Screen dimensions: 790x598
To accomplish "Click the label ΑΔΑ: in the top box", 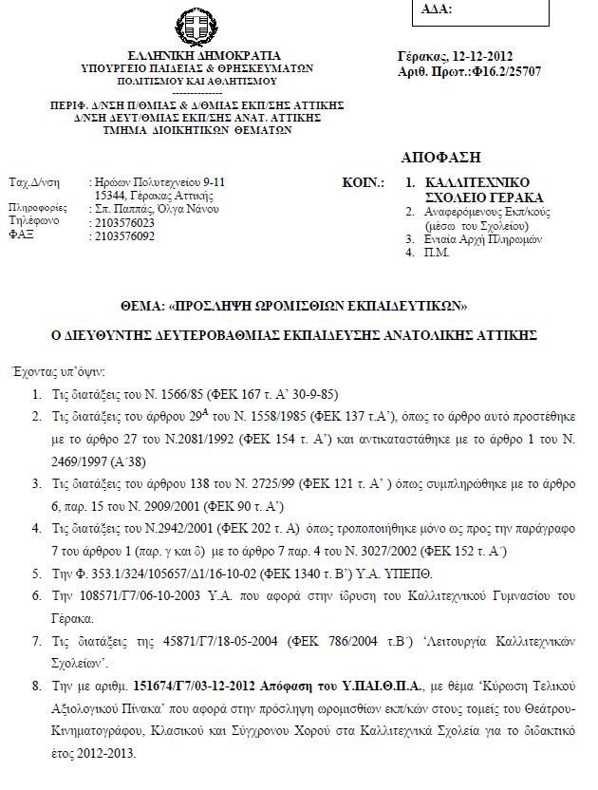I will pyautogui.click(x=434, y=9).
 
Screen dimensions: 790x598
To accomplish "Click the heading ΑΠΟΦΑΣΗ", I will pyautogui.click(x=441, y=157).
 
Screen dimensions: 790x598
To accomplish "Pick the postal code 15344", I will pyautogui.click(x=112, y=194).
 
